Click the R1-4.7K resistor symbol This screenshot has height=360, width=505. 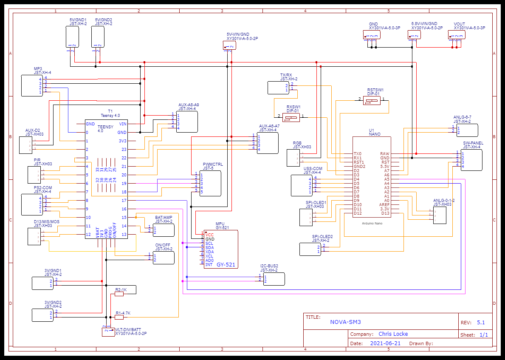click(119, 317)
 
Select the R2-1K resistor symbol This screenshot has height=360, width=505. click(119, 294)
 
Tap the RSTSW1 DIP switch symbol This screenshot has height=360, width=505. click(372, 101)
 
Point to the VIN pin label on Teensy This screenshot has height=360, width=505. click(123, 124)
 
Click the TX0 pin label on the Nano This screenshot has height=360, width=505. click(358, 154)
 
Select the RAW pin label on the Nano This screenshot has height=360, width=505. click(385, 154)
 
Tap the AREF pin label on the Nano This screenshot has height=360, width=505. click(384, 205)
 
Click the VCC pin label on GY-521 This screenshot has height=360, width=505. click(209, 235)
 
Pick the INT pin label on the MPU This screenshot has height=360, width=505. click(209, 265)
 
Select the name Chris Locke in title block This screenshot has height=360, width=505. click(393, 334)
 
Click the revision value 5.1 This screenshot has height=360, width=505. click(481, 323)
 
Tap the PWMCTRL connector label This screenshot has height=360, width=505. click(212, 164)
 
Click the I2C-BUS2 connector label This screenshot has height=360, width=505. click(269, 266)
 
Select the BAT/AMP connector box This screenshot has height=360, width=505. click(164, 230)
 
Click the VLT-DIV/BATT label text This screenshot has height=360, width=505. click(128, 329)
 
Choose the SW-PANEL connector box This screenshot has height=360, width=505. click(471, 160)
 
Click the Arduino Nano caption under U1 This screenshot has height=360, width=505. click(372, 223)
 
